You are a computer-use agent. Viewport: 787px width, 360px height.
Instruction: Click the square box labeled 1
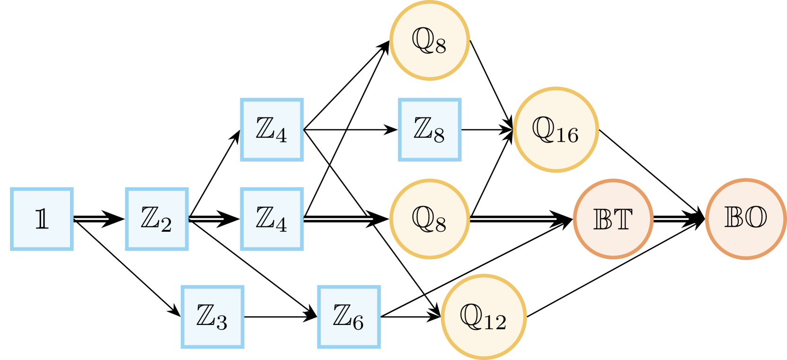[x=42, y=219]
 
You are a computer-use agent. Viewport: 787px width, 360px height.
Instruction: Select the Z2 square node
[x=157, y=219]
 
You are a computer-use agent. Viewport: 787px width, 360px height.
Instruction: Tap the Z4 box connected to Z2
[x=272, y=219]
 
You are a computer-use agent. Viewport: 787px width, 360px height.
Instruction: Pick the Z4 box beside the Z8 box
[x=272, y=130]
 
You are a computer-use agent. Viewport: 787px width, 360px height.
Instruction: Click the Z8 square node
[x=430, y=130]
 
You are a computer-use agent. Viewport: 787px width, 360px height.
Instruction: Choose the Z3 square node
[x=212, y=317]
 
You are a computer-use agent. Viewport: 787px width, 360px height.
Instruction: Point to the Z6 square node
[x=349, y=317]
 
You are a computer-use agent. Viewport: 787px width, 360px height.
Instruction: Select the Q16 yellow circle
[x=556, y=130]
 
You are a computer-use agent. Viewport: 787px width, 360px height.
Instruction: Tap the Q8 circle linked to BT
[x=430, y=219]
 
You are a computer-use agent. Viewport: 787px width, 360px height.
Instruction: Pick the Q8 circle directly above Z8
[x=430, y=41]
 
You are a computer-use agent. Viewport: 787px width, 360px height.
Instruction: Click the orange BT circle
[x=613, y=219]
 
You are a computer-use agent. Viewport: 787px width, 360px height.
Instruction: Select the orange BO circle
[x=745, y=219]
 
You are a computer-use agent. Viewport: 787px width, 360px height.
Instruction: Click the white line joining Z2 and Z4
[x=207, y=219]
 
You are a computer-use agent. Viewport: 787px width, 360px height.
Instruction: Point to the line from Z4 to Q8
[x=338, y=219]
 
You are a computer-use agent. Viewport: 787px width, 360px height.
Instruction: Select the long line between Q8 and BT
[x=513, y=219]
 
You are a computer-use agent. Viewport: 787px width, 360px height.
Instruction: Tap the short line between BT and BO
[x=671, y=219]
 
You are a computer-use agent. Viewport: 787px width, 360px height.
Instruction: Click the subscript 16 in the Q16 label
[x=567, y=136]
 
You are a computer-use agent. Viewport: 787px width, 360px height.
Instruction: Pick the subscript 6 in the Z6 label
[x=358, y=323]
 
